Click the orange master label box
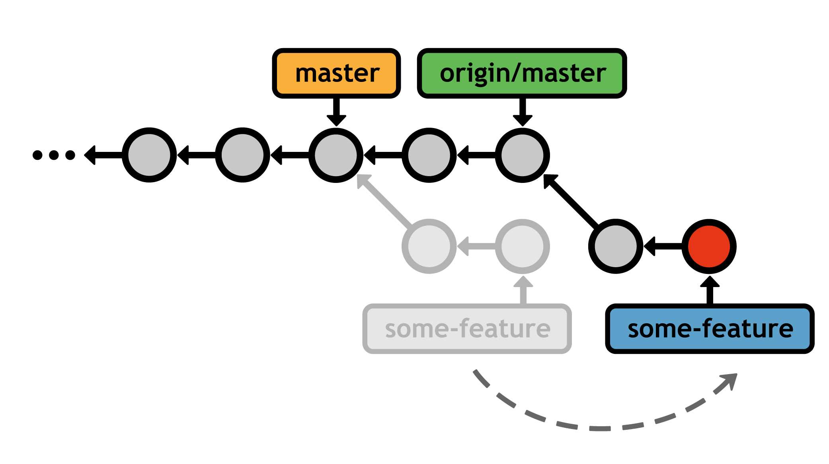(x=336, y=74)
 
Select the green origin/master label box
(x=522, y=74)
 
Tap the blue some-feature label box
(x=710, y=329)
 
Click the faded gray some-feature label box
(x=467, y=329)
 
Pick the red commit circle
(x=709, y=246)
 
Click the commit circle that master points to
(x=336, y=155)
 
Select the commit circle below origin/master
(x=522, y=155)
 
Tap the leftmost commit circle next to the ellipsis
(x=149, y=155)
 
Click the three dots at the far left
(x=54, y=155)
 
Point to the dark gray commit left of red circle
(x=616, y=246)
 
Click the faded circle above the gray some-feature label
(x=523, y=246)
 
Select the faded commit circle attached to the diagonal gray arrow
(x=429, y=246)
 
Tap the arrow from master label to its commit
(x=336, y=111)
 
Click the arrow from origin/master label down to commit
(x=523, y=111)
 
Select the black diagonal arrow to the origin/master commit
(x=571, y=201)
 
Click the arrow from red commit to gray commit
(x=663, y=247)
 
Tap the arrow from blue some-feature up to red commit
(x=710, y=290)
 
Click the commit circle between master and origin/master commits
(x=429, y=155)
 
